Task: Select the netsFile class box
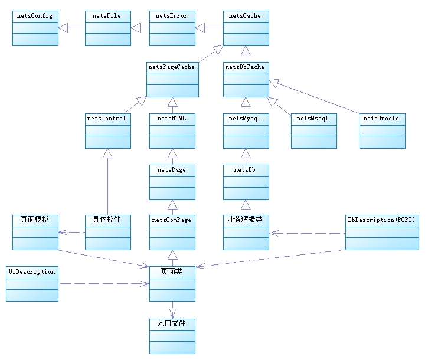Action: [x=107, y=28]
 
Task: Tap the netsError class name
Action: [x=172, y=16]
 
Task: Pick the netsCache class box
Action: [x=246, y=28]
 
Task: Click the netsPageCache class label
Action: [x=172, y=67]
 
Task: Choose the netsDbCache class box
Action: [x=246, y=79]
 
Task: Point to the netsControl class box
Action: [x=107, y=130]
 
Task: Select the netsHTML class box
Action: [x=172, y=130]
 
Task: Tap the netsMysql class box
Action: [x=246, y=130]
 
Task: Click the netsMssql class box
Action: [x=314, y=130]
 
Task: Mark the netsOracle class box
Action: [x=382, y=130]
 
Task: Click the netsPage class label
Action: [x=172, y=170]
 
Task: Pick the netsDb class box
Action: [x=246, y=182]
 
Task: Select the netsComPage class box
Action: [x=172, y=232]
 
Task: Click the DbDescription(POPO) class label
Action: [x=382, y=220]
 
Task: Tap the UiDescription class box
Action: [x=32, y=283]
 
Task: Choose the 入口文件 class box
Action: [x=172, y=336]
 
